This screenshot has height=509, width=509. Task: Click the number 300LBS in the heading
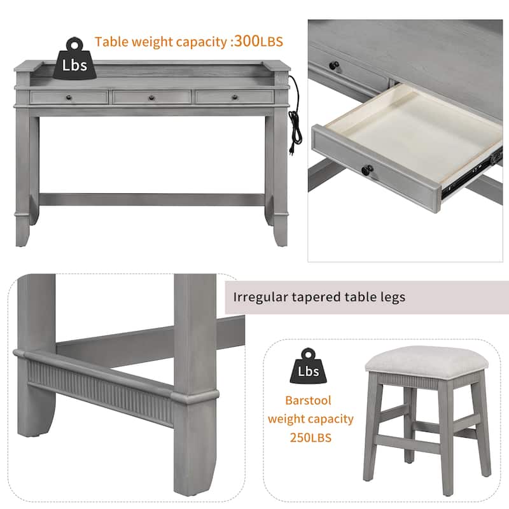(x=258, y=42)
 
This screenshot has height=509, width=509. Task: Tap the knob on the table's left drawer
(x=68, y=98)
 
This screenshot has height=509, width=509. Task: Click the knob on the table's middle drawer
(x=151, y=98)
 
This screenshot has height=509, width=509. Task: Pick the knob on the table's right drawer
(x=234, y=97)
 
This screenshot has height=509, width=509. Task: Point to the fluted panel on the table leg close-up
(x=102, y=391)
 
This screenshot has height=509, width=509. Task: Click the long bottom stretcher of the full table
(x=151, y=199)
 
